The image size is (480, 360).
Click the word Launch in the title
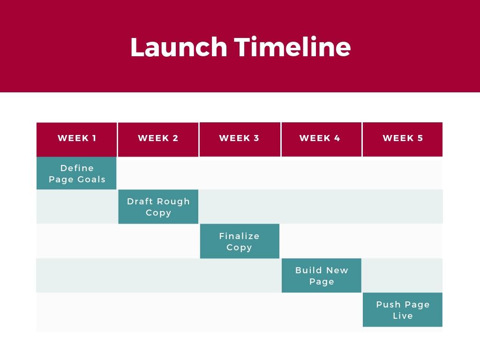pyautogui.click(x=178, y=47)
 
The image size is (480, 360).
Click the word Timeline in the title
pyautogui.click(x=292, y=47)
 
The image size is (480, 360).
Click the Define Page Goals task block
pyautogui.click(x=76, y=173)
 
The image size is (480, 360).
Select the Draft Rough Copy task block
pyautogui.click(x=158, y=207)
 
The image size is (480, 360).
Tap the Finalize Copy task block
pyautogui.click(x=240, y=241)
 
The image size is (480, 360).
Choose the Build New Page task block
pyautogui.click(x=322, y=276)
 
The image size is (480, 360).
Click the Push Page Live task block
pyautogui.click(x=403, y=310)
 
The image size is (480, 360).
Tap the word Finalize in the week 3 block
pyautogui.click(x=239, y=236)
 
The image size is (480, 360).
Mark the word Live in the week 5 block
pyautogui.click(x=403, y=316)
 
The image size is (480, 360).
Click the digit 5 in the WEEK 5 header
pyautogui.click(x=420, y=138)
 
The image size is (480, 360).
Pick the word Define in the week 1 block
pyautogui.click(x=77, y=168)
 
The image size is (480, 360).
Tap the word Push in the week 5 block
pyautogui.click(x=388, y=305)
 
